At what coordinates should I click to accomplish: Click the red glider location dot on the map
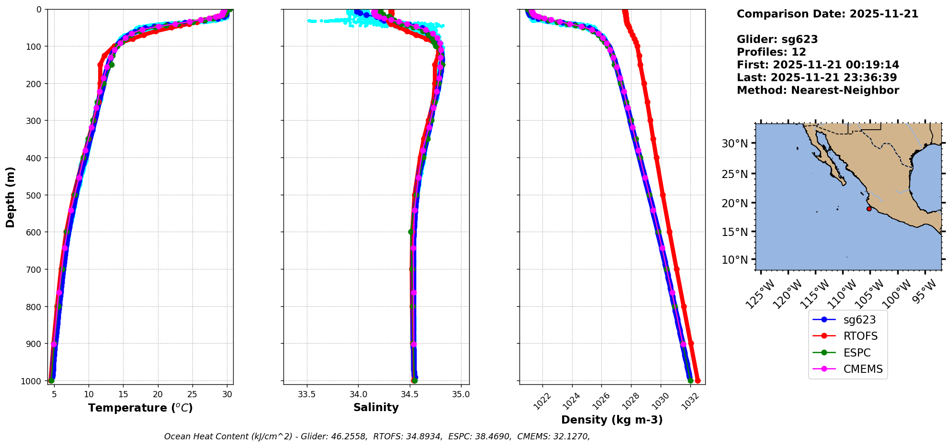point(869,209)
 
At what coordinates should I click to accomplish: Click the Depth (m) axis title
point(11,197)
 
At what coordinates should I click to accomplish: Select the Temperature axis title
point(140,408)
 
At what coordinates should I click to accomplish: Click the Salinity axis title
point(376,407)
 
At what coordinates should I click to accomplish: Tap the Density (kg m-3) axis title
point(612,420)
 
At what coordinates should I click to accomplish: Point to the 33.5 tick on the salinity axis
point(307,395)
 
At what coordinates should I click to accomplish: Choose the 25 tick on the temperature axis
point(192,395)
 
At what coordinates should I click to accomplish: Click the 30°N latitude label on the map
point(734,144)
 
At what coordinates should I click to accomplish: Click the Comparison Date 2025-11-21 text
point(827,14)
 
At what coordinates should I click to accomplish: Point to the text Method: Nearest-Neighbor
point(818,90)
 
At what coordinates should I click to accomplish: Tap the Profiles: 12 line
point(771,52)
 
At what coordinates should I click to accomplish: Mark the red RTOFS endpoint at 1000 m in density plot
point(698,380)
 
